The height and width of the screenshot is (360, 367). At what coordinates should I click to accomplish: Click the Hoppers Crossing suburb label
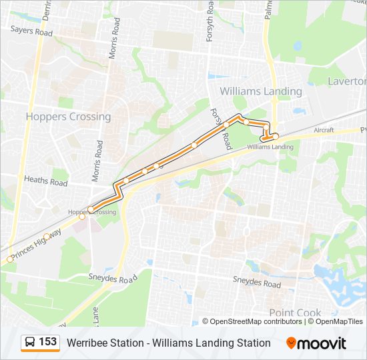point(68,117)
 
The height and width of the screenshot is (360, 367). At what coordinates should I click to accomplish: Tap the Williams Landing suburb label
point(261,91)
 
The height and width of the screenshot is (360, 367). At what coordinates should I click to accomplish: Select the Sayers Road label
point(31,31)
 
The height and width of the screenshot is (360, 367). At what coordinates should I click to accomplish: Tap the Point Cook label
point(295,313)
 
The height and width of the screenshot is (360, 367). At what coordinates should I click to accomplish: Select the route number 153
point(47,342)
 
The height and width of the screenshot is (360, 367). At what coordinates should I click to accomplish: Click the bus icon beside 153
point(30,343)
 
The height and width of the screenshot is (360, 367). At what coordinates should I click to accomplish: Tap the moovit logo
point(316,343)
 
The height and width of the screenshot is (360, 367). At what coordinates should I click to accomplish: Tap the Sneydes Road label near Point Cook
point(257,283)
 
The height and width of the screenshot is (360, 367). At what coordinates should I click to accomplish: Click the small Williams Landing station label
point(270,147)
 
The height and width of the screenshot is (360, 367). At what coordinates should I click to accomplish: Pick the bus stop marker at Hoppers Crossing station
point(91,209)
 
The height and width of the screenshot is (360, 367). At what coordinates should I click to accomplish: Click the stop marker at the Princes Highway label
point(10,259)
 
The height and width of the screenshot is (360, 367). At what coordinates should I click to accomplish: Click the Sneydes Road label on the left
point(112,278)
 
